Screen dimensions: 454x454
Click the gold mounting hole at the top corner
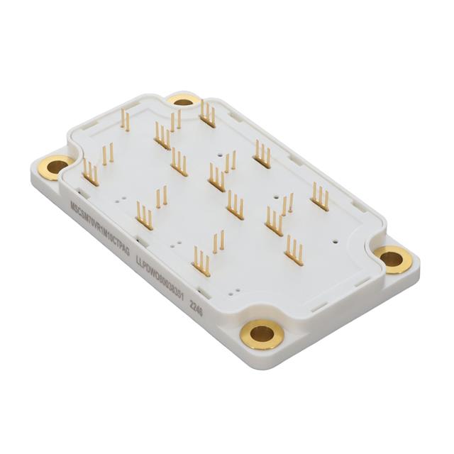pos(184,101)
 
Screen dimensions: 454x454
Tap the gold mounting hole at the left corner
pos(58,167)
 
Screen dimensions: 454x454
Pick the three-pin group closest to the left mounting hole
pos(91,172)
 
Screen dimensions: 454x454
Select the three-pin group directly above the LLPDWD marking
pos(202,260)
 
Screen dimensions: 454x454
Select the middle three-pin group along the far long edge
pos(262,155)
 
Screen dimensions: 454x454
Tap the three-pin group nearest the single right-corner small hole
pos(294,250)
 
